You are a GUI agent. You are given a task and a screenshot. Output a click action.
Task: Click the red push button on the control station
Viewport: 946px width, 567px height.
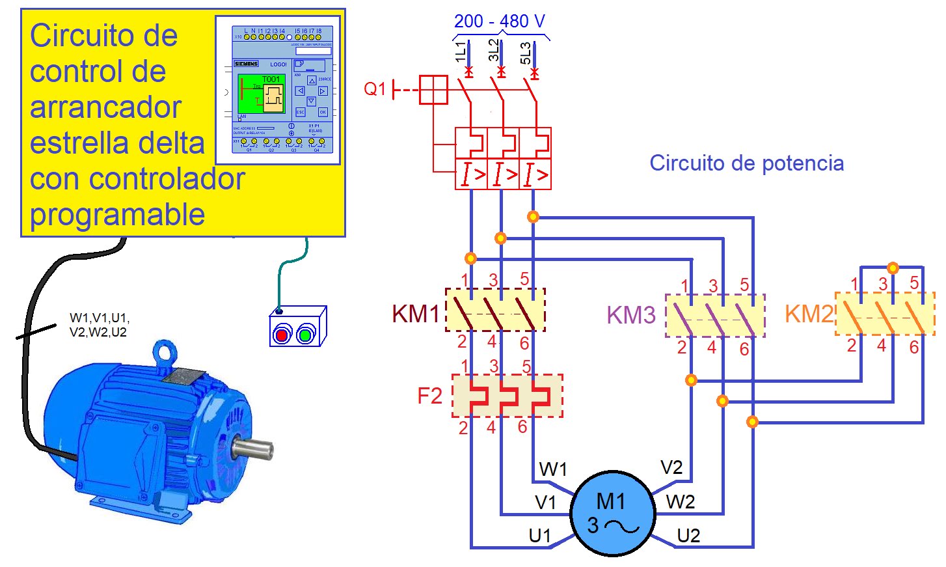click(282, 335)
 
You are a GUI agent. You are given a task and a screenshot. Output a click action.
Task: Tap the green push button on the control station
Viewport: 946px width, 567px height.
click(305, 335)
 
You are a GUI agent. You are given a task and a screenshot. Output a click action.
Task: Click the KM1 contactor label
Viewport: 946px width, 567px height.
click(415, 314)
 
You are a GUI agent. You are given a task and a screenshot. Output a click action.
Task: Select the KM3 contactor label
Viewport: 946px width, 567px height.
click(630, 315)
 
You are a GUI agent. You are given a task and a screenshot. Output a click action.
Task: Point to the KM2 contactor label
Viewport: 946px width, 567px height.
click(808, 314)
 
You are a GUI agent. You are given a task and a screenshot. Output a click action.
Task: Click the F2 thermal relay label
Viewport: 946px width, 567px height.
click(429, 396)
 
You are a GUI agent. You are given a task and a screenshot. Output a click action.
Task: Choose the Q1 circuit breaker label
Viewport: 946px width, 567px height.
click(375, 89)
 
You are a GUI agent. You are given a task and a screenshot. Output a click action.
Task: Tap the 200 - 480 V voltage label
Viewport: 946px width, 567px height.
click(499, 21)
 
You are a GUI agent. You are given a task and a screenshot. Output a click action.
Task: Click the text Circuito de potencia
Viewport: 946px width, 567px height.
click(746, 163)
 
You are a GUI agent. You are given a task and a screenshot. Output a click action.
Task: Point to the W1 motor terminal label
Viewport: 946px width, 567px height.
click(553, 469)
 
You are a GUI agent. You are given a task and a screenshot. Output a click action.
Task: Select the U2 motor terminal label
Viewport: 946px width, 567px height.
click(688, 536)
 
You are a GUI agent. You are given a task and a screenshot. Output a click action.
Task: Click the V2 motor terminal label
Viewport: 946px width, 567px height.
click(671, 467)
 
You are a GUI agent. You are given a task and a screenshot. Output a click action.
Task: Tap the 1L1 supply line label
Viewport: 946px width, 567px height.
click(461, 52)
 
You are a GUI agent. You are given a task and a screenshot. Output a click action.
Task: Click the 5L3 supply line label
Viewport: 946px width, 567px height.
click(526, 53)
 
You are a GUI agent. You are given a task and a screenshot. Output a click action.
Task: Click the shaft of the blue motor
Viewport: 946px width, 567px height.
click(254, 449)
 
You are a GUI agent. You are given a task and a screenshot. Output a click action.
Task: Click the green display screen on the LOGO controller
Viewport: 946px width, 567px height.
click(262, 94)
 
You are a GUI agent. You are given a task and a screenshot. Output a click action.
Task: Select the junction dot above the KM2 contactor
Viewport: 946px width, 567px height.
click(893, 268)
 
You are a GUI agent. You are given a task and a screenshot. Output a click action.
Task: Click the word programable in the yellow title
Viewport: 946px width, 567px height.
click(118, 214)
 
